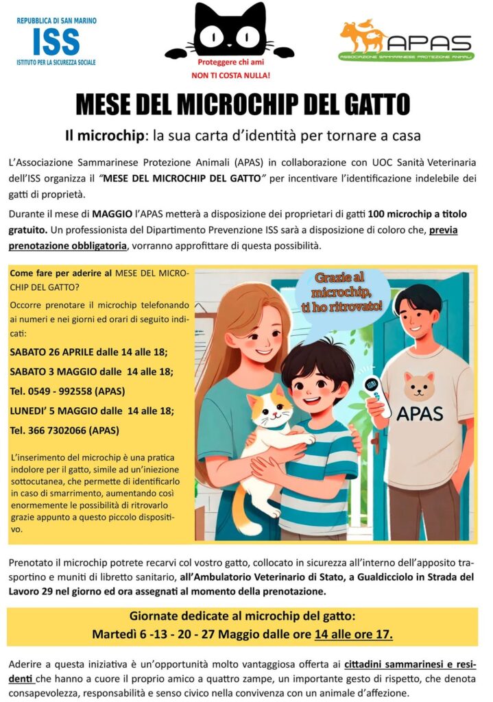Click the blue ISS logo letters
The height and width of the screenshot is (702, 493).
(56, 42)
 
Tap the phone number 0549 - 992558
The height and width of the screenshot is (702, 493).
(58, 391)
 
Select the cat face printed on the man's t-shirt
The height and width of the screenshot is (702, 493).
(419, 385)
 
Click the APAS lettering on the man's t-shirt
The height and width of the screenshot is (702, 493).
(420, 413)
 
